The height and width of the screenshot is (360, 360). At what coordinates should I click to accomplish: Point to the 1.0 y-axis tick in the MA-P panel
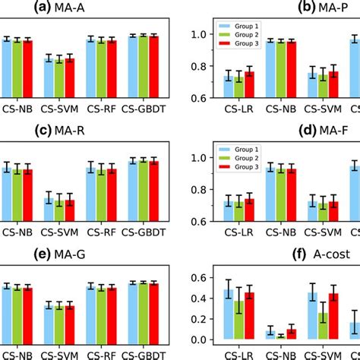pos(201,34)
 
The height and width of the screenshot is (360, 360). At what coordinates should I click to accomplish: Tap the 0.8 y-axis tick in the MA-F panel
pos(201,190)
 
